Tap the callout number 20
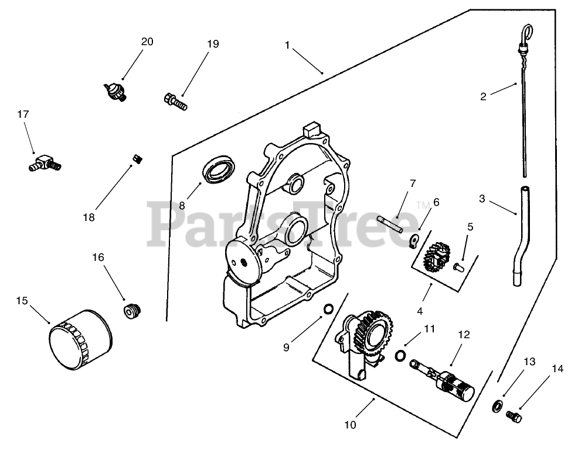coord(147,42)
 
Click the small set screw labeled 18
coord(138,158)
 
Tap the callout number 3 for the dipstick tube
coord(482,199)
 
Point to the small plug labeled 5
coord(459,268)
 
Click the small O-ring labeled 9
coord(329,309)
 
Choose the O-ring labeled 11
coord(400,356)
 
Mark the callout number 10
coord(350,425)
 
